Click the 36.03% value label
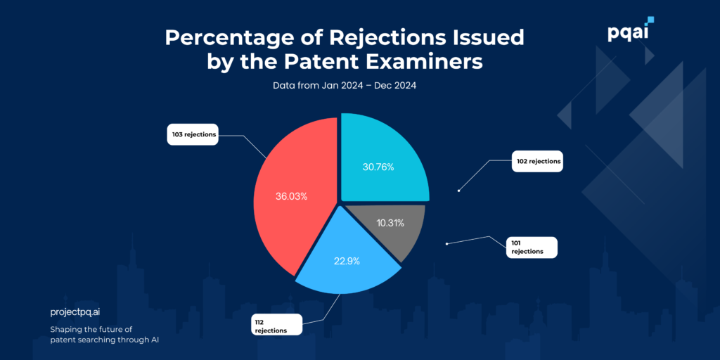pyautogui.click(x=291, y=196)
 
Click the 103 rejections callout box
pyautogui.click(x=192, y=134)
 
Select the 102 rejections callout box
pyautogui.click(x=539, y=162)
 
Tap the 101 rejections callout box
pyautogui.click(x=531, y=247)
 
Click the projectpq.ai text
pyautogui.click(x=80, y=311)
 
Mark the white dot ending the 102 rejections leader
pyautogui.click(x=458, y=190)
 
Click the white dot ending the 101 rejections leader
pyautogui.click(x=446, y=245)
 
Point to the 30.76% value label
pyautogui.click(x=378, y=167)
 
